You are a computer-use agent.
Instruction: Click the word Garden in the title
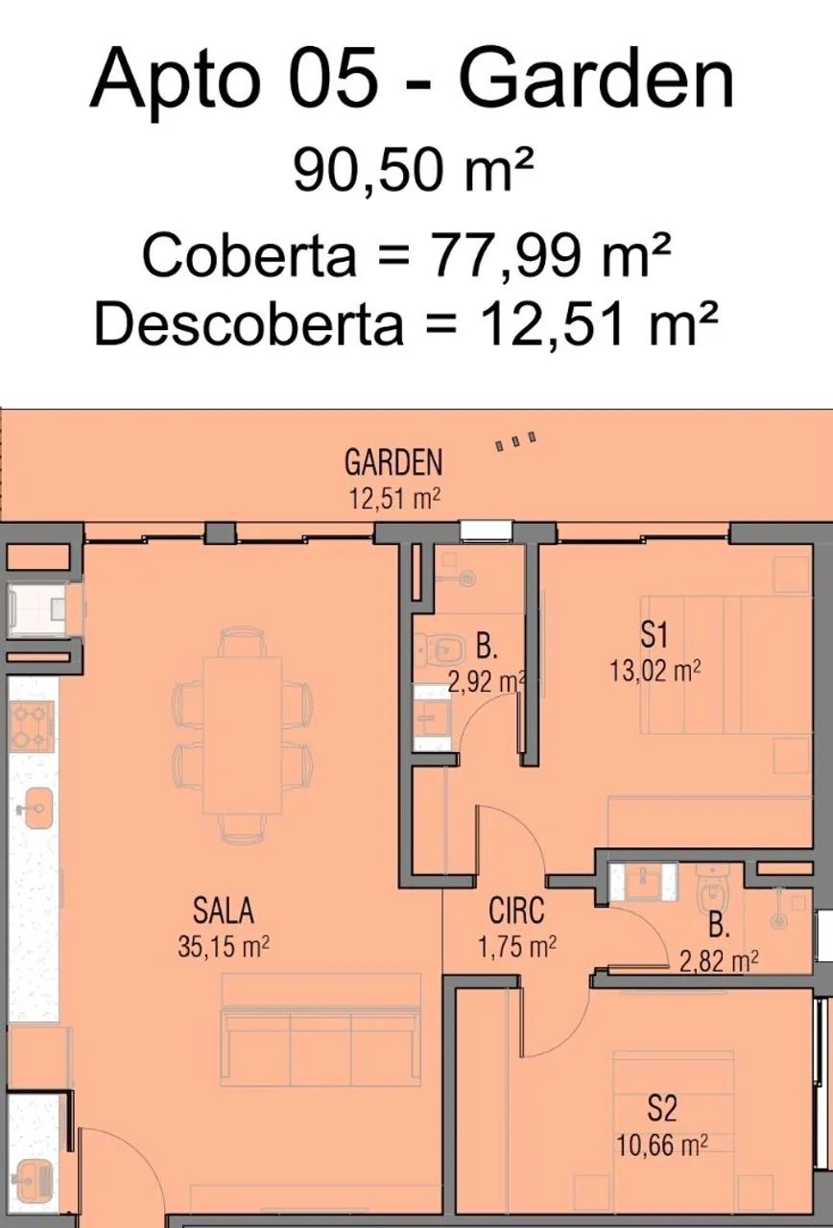[x=596, y=80]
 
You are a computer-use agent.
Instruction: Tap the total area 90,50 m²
[x=414, y=171]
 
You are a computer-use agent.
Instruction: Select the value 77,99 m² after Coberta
[x=551, y=254]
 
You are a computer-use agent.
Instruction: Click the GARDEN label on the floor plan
[x=393, y=462]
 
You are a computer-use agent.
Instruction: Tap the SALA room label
[x=224, y=911]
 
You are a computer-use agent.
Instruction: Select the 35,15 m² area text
[x=224, y=946]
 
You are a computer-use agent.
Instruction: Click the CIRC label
[x=516, y=911]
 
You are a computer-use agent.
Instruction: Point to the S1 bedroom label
[x=654, y=636]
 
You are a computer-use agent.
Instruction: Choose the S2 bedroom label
[x=662, y=1107]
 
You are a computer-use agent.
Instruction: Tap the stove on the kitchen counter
[x=30, y=727]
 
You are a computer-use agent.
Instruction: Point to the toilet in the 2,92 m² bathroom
[x=440, y=650]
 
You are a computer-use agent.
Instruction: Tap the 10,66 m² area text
[x=662, y=1145]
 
